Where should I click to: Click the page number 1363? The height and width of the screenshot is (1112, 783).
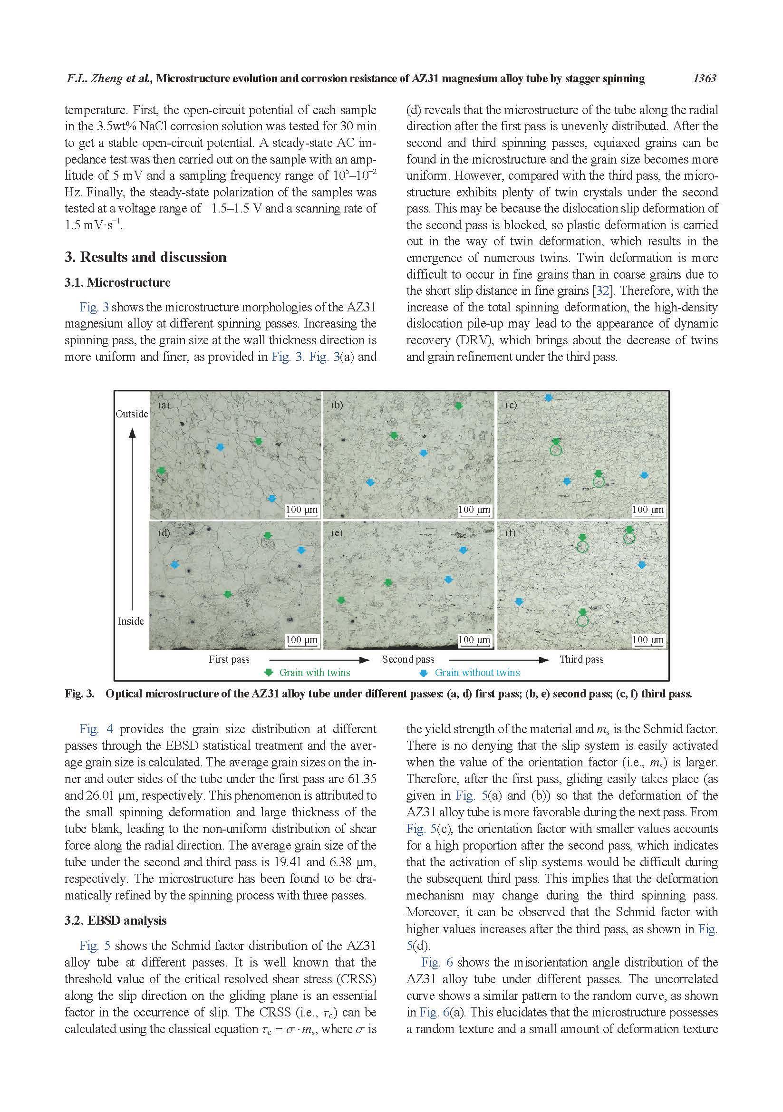(x=704, y=78)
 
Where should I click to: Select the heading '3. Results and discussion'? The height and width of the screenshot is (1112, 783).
(x=145, y=257)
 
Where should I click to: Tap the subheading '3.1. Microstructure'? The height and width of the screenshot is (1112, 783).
(x=117, y=283)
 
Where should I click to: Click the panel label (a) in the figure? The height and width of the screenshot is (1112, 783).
(x=164, y=405)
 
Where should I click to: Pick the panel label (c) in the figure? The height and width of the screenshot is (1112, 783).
(x=511, y=405)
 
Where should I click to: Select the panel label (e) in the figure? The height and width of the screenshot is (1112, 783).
(x=337, y=533)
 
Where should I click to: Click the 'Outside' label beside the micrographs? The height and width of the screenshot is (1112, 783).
(x=132, y=414)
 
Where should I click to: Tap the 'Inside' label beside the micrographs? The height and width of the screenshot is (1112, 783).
(x=131, y=621)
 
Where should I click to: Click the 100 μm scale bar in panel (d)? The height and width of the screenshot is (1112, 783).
(x=302, y=640)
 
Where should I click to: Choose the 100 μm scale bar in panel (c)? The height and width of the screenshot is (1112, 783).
(x=648, y=510)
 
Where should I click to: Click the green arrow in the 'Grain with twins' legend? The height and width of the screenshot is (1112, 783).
(x=269, y=673)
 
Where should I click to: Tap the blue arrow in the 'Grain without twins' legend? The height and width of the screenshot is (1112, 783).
(x=424, y=673)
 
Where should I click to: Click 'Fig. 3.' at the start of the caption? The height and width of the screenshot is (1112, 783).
(x=79, y=694)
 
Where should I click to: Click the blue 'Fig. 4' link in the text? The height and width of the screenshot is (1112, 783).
(x=96, y=729)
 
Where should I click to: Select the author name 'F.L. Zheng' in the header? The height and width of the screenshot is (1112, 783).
(x=95, y=78)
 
